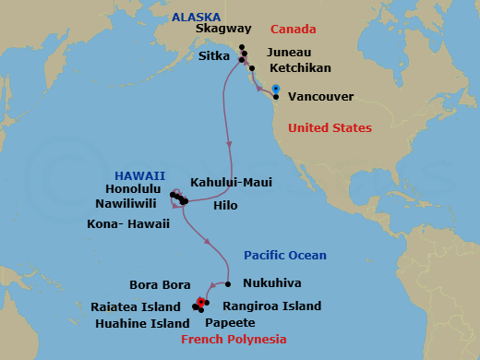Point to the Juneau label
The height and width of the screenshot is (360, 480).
[x=288, y=54]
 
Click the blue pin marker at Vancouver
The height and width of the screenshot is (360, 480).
[x=276, y=90]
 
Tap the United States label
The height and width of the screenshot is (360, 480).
[x=330, y=128]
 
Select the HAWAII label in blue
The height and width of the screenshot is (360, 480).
[x=140, y=175]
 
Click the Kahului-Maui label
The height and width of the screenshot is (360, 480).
[x=231, y=183]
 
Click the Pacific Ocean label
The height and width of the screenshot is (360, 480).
[x=284, y=256]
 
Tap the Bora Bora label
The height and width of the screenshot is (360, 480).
[x=161, y=284]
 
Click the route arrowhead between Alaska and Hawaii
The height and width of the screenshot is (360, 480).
[x=228, y=143]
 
